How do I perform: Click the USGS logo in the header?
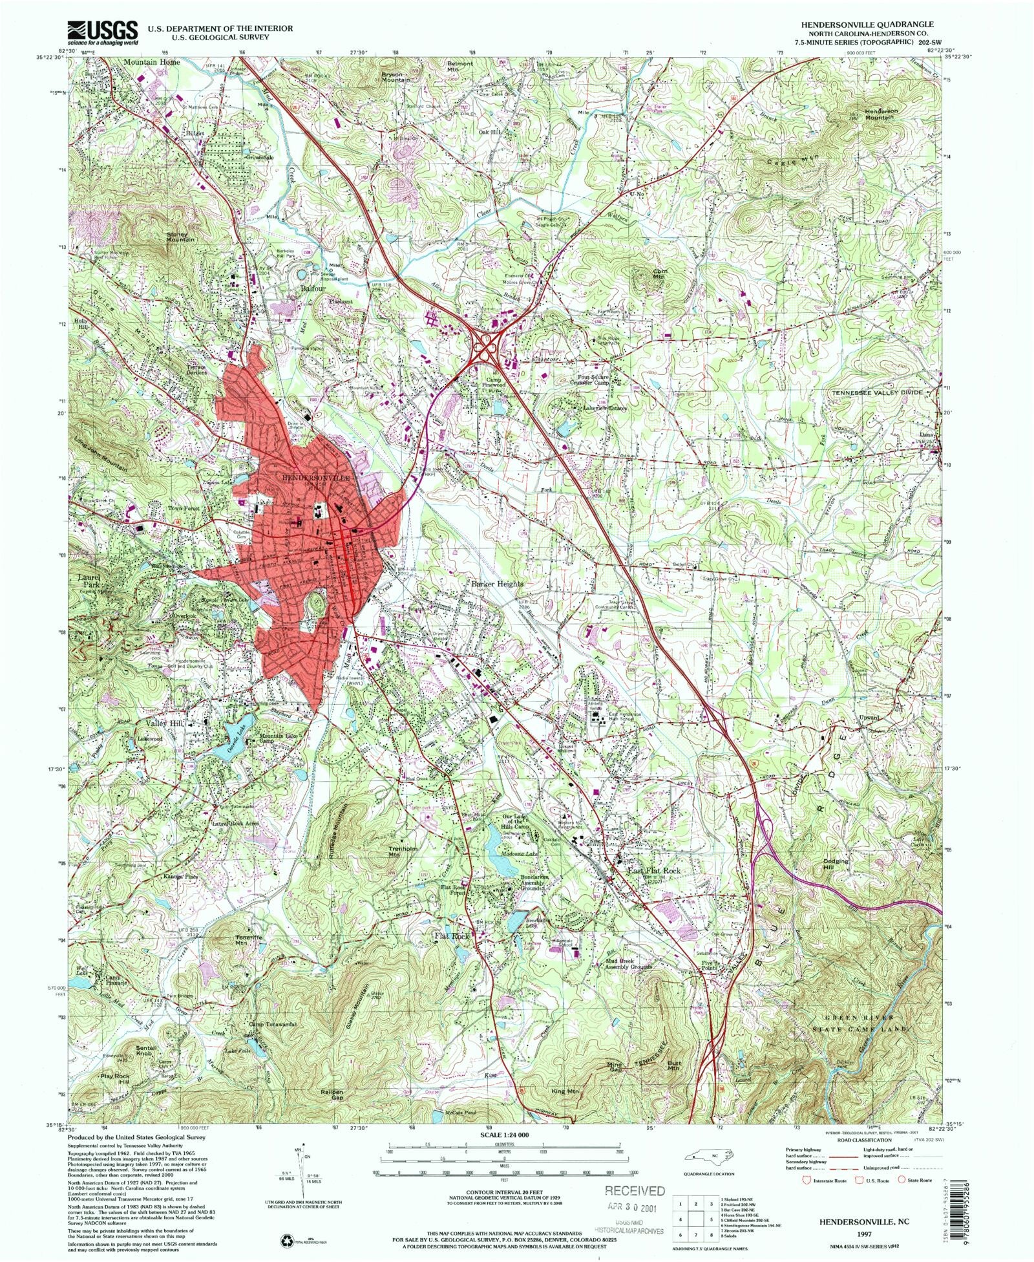(103, 31)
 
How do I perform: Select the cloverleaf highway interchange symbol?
(485, 348)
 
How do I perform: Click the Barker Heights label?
(496, 584)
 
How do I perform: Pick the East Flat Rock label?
(655, 871)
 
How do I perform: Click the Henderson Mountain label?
(881, 114)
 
